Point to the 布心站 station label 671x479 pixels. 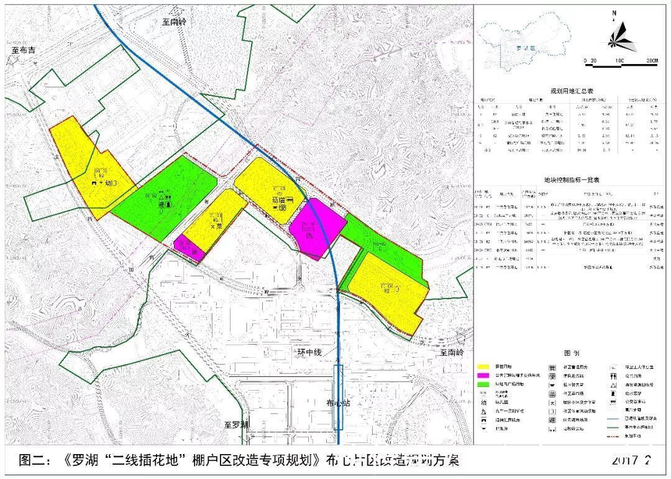click(339, 403)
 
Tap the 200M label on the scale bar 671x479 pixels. click(650, 61)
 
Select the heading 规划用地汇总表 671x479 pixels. click(568, 90)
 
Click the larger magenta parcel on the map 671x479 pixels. click(317, 226)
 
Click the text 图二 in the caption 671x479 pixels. click(34, 461)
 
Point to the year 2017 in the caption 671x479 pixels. click(625, 462)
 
